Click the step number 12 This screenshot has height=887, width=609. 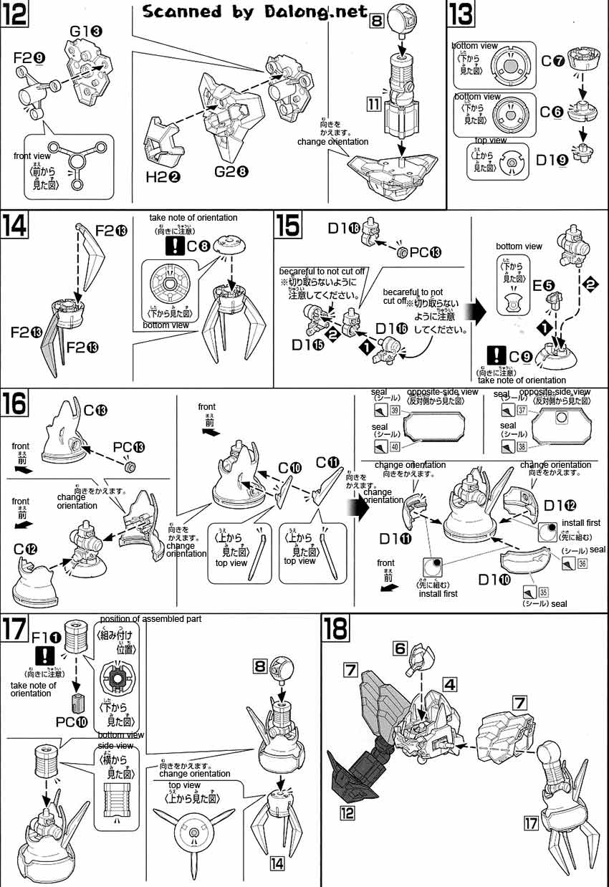coord(14,15)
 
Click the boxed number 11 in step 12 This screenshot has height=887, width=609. coord(373,104)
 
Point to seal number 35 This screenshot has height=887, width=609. coord(543,592)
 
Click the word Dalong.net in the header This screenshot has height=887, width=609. coord(329,11)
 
